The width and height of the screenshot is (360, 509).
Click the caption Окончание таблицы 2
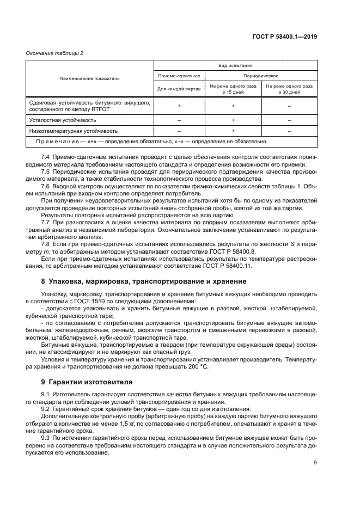(x=54, y=53)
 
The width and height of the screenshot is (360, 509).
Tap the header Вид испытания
(x=235, y=65)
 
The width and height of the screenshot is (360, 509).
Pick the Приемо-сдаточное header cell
(x=179, y=75)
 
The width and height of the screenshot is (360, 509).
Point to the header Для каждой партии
(x=179, y=88)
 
